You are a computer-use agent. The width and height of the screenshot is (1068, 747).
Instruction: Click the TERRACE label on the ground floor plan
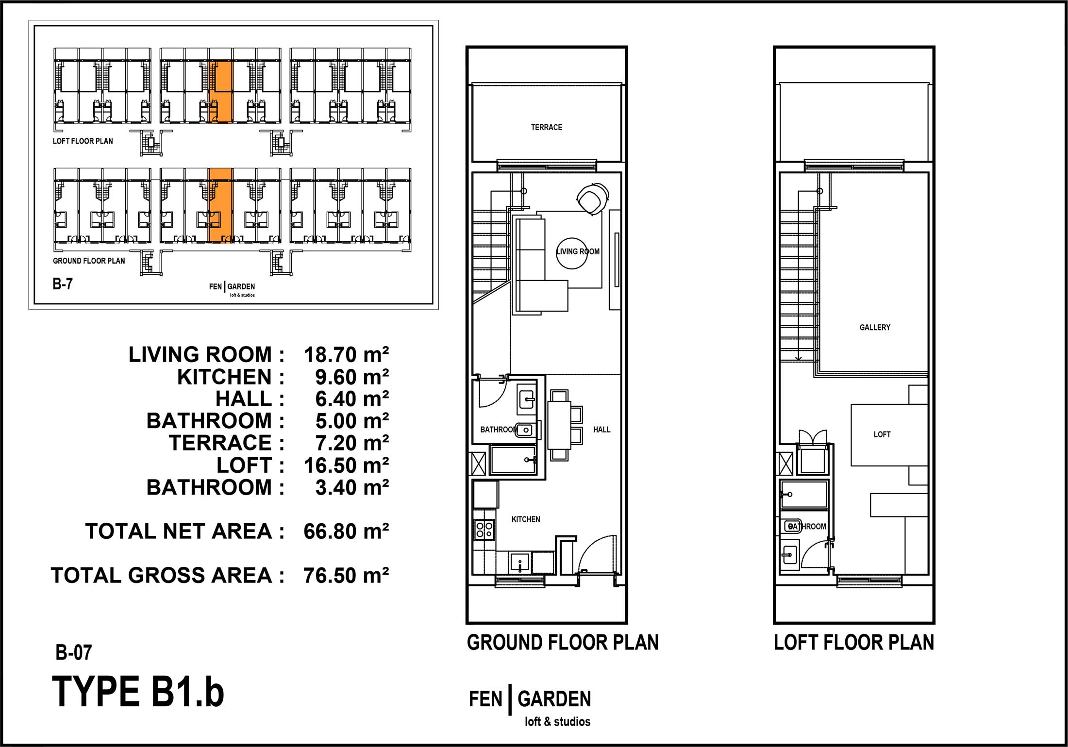(x=546, y=127)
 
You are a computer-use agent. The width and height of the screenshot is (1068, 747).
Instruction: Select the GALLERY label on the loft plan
(x=875, y=327)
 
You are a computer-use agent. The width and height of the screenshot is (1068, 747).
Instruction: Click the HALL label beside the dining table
(x=601, y=430)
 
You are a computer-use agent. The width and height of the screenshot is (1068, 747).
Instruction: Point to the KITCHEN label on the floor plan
(x=526, y=519)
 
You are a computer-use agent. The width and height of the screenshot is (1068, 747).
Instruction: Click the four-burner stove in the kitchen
(x=484, y=530)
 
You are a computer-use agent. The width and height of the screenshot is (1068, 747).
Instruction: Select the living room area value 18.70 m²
(x=346, y=354)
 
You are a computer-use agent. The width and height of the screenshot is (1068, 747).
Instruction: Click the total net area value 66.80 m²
(x=346, y=531)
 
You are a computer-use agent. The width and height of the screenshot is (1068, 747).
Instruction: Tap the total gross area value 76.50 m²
(x=346, y=575)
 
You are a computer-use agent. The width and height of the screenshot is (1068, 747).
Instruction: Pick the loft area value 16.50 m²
(x=346, y=465)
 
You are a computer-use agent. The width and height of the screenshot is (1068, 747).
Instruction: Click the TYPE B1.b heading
(x=138, y=692)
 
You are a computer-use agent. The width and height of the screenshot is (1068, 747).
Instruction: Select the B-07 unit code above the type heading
(x=73, y=652)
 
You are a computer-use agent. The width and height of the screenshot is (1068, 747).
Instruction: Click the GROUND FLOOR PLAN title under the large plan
(x=563, y=642)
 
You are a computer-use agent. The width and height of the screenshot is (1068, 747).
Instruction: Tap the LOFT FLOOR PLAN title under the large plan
(x=854, y=642)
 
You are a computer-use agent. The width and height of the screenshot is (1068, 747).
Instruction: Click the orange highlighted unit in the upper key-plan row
(x=220, y=91)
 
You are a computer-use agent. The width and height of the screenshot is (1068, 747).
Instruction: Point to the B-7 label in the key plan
(x=63, y=283)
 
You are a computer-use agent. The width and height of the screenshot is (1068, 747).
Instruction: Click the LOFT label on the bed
(x=882, y=434)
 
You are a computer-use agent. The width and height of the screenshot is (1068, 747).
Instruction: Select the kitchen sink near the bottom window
(x=520, y=563)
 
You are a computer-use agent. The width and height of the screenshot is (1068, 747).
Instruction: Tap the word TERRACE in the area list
(x=220, y=443)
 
